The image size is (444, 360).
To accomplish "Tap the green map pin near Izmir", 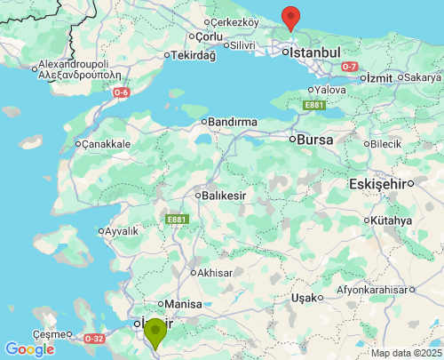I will [x=155, y=332].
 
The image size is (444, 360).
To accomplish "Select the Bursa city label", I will [x=316, y=140].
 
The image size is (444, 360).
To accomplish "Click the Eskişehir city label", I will [x=380, y=184].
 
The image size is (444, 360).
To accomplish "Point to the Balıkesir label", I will [x=224, y=195].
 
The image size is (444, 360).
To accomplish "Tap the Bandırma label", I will [x=232, y=121].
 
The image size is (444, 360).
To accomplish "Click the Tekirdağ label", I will [x=193, y=55].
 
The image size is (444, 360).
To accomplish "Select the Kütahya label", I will [x=392, y=220].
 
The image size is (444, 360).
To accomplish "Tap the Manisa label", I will [x=184, y=303].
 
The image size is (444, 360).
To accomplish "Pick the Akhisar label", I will [x=216, y=272].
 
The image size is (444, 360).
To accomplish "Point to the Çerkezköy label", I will [x=235, y=21].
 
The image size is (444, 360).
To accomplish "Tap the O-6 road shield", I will [x=122, y=92].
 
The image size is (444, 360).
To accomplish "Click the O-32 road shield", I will [x=95, y=339].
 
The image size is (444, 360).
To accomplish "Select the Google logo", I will [x=28, y=349].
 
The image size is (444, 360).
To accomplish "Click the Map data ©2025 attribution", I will [x=405, y=353].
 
